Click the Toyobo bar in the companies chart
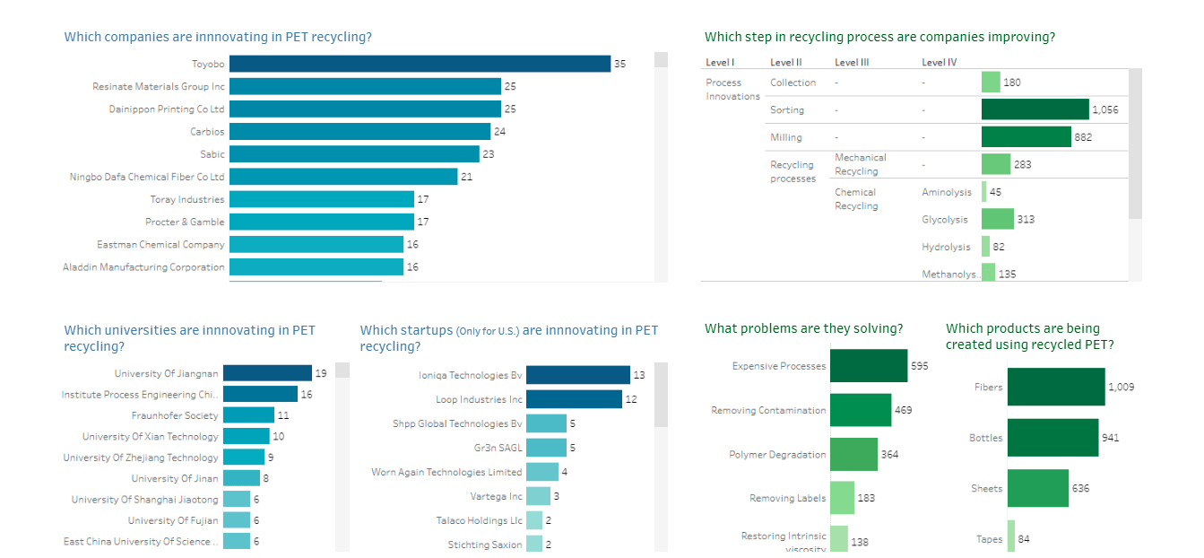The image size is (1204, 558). pyautogui.click(x=420, y=64)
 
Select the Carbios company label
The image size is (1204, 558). pyautogui.click(x=207, y=132)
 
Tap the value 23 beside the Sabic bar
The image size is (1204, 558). pyautogui.click(x=489, y=154)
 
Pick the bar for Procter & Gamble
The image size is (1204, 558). pyautogui.click(x=321, y=222)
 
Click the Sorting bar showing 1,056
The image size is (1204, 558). pyautogui.click(x=1035, y=109)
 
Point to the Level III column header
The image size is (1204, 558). pyautogui.click(x=852, y=62)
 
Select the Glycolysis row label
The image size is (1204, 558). pyautogui.click(x=945, y=220)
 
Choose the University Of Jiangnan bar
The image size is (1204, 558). pyautogui.click(x=267, y=373)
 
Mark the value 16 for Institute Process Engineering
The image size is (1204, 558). pyautogui.click(x=307, y=395)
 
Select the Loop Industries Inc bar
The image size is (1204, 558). pyautogui.click(x=574, y=399)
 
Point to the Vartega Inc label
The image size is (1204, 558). pyautogui.click(x=496, y=496)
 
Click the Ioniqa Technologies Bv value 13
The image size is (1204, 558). pyautogui.click(x=639, y=376)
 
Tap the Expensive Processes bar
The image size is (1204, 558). pyautogui.click(x=868, y=366)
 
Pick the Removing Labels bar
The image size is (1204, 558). pyautogui.click(x=842, y=498)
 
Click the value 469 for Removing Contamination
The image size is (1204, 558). pyautogui.click(x=903, y=410)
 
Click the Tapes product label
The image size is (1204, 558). pyautogui.click(x=989, y=539)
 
